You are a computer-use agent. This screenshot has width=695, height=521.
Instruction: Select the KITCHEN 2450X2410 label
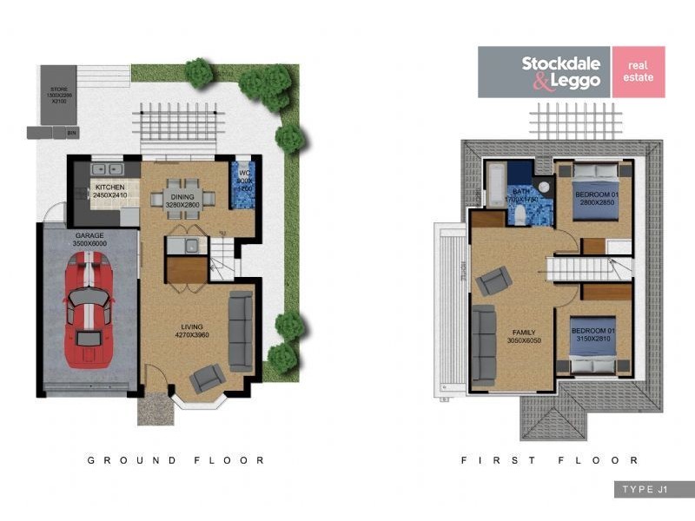tap(110, 191)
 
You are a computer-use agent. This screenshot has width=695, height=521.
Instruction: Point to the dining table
tap(182, 195)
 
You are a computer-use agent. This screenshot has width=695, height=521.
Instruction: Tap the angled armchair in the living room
tap(208, 378)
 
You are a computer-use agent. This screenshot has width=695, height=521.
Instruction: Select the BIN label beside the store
tap(71, 133)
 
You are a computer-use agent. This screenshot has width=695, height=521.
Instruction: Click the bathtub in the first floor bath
tap(495, 185)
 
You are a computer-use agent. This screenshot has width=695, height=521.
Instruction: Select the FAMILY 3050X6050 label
tap(524, 336)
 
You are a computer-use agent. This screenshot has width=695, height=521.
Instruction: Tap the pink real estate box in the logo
tap(638, 71)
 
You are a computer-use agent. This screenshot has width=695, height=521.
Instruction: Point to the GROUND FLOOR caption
tap(175, 460)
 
